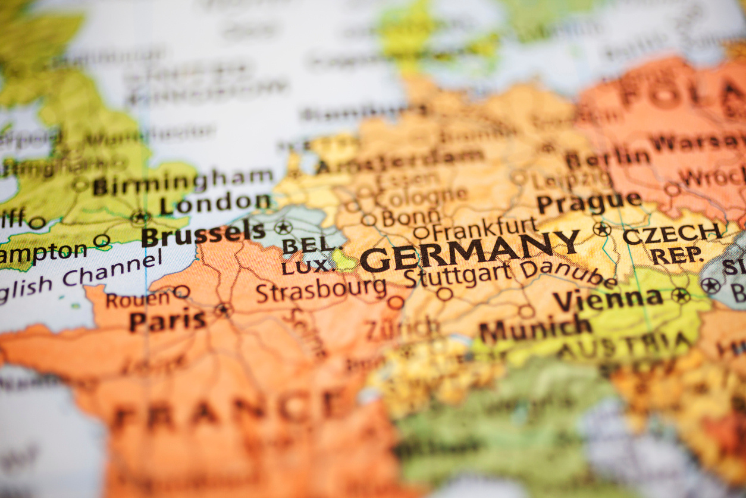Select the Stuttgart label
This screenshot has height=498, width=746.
[x=457, y=275]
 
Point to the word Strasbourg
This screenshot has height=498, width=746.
[x=321, y=290]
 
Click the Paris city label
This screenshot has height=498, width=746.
[x=168, y=321]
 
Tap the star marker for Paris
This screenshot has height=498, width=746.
[x=223, y=309]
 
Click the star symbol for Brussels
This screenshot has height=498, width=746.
[x=283, y=227]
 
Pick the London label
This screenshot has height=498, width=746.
[x=215, y=204]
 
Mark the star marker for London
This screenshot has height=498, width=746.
[x=140, y=217]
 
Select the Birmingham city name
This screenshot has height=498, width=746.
[x=183, y=181]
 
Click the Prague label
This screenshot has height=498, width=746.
[x=588, y=202]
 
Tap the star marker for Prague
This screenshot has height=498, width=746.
[x=601, y=229]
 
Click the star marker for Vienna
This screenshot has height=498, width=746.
[x=681, y=295]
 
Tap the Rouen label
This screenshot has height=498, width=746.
[x=137, y=298]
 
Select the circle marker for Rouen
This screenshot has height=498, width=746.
[x=181, y=291]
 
